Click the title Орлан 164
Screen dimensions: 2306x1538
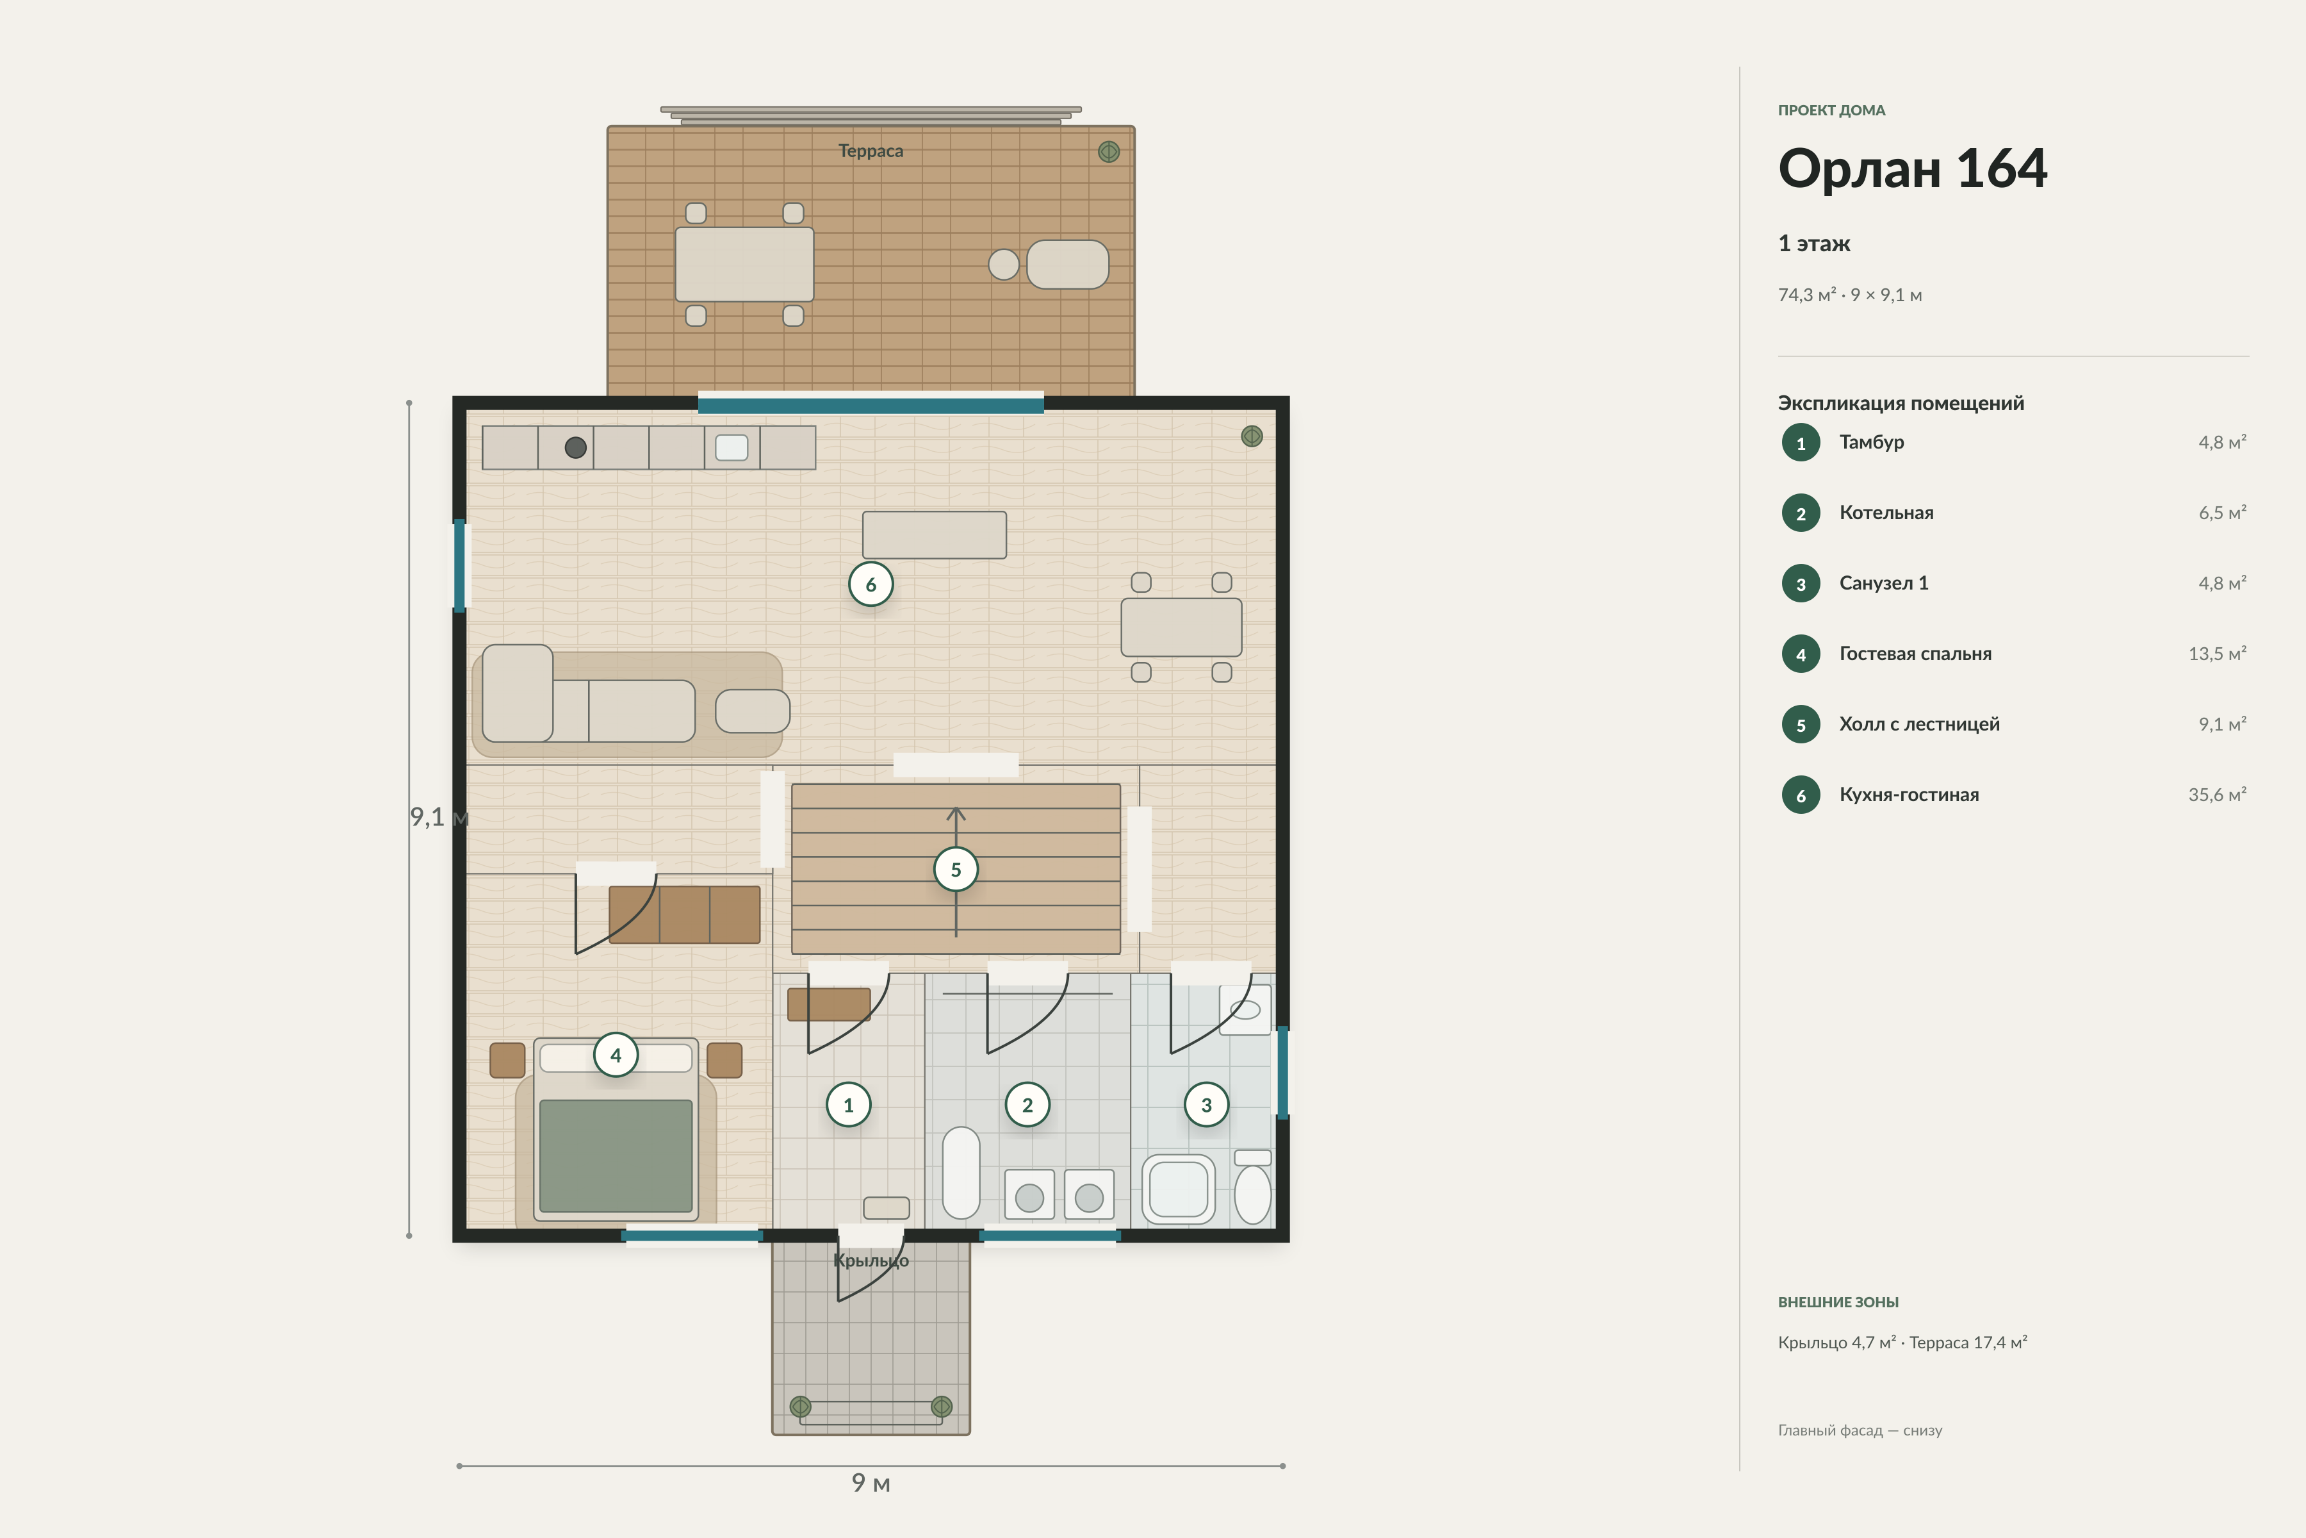click(x=1912, y=169)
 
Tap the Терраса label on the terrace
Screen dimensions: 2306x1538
click(x=871, y=151)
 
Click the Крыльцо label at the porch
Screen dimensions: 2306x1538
click(x=871, y=1261)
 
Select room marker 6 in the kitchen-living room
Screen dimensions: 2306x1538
click(x=871, y=584)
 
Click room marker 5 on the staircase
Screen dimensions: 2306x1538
click(x=956, y=869)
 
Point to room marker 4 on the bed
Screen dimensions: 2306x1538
click(x=616, y=1055)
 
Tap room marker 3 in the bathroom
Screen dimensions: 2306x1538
click(x=1206, y=1104)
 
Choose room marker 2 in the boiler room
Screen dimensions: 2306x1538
click(x=1027, y=1104)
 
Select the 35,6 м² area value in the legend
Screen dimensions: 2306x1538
click(x=2217, y=795)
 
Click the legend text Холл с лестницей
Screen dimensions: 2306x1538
click(x=1918, y=725)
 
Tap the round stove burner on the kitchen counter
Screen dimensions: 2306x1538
click(x=575, y=447)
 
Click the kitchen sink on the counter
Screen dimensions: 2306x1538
click(x=732, y=447)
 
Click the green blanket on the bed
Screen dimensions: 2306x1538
click(x=616, y=1155)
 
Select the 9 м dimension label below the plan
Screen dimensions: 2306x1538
click(x=871, y=1483)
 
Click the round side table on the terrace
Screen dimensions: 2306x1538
click(x=1003, y=264)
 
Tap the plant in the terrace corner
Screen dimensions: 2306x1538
click(x=1109, y=152)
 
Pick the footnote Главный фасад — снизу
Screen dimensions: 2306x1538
click(x=1860, y=1431)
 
